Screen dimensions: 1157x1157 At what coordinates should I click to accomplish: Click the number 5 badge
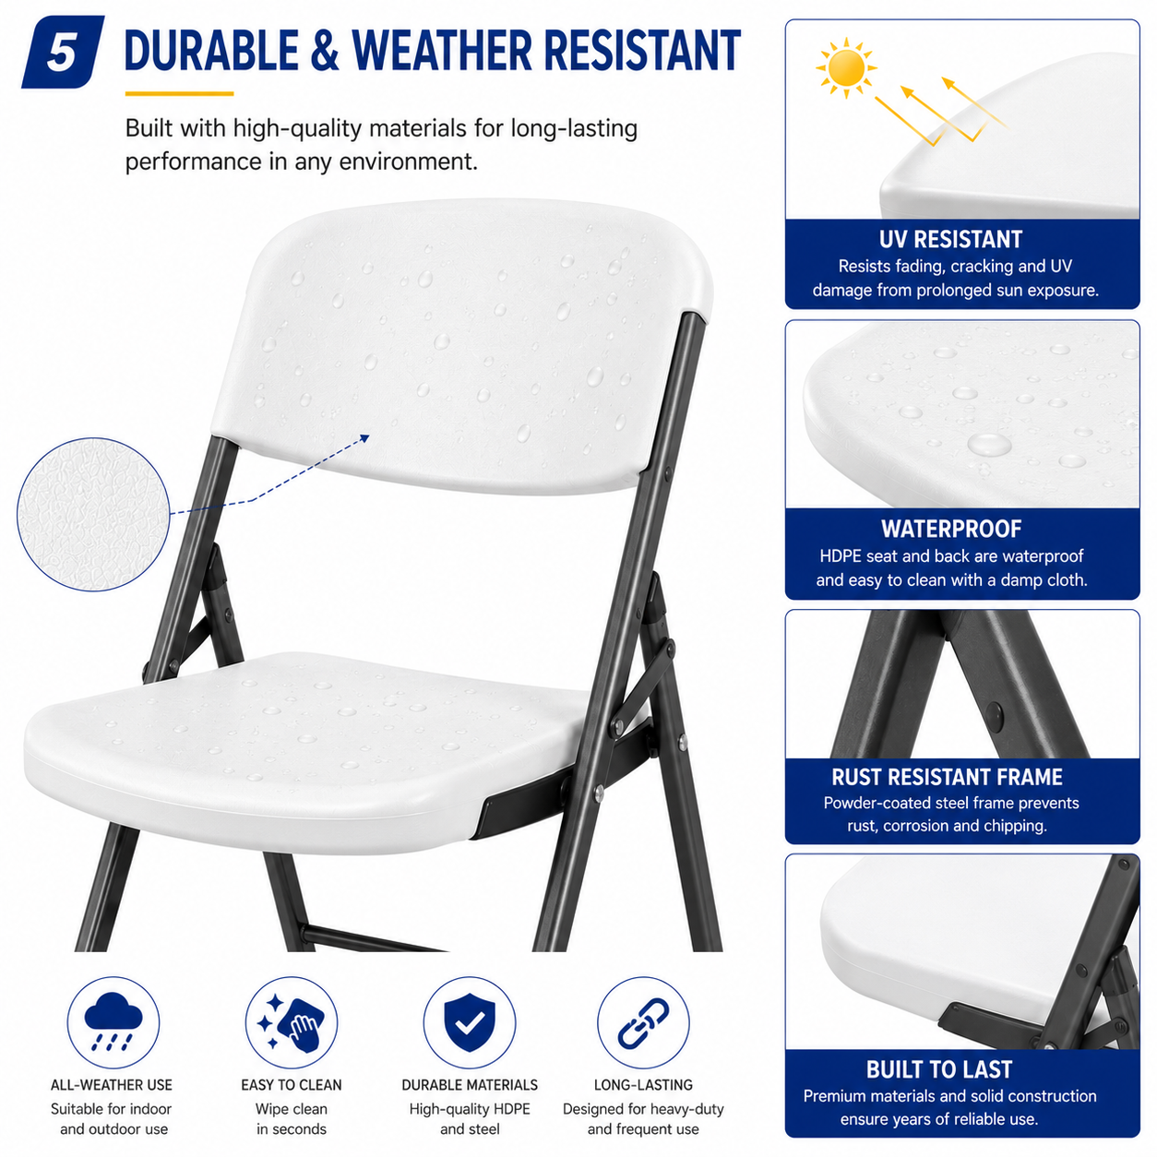pos(63,53)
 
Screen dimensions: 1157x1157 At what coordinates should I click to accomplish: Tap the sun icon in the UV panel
pos(845,68)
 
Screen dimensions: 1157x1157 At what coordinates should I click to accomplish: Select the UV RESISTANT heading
pos(949,240)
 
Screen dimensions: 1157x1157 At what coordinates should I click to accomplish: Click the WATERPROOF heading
pos(951,529)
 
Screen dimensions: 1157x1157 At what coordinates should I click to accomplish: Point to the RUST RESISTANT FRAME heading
pos(947,777)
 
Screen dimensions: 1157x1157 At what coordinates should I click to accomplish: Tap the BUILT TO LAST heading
pos(939,1068)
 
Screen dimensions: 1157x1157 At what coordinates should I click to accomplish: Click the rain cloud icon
pos(113,1021)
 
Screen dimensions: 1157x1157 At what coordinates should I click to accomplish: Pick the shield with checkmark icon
pos(470,1021)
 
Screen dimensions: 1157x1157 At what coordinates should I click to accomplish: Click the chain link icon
pos(643,1022)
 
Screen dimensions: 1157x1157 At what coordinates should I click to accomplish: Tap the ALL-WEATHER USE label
pos(112,1085)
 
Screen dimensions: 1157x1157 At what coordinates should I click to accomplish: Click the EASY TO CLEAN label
pos(292,1085)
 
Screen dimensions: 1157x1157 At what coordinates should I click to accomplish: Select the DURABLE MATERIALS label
pos(470,1085)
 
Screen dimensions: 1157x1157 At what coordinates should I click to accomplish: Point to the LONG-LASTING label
pos(643,1085)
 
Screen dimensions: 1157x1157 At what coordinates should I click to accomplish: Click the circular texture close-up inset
pos(94,514)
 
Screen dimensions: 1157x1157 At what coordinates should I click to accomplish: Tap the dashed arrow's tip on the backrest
pos(369,435)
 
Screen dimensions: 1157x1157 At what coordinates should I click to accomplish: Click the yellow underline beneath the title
pos(179,94)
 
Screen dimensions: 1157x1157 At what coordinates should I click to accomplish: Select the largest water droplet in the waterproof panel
pos(989,445)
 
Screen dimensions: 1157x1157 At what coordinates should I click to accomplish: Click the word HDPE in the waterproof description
pos(840,556)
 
